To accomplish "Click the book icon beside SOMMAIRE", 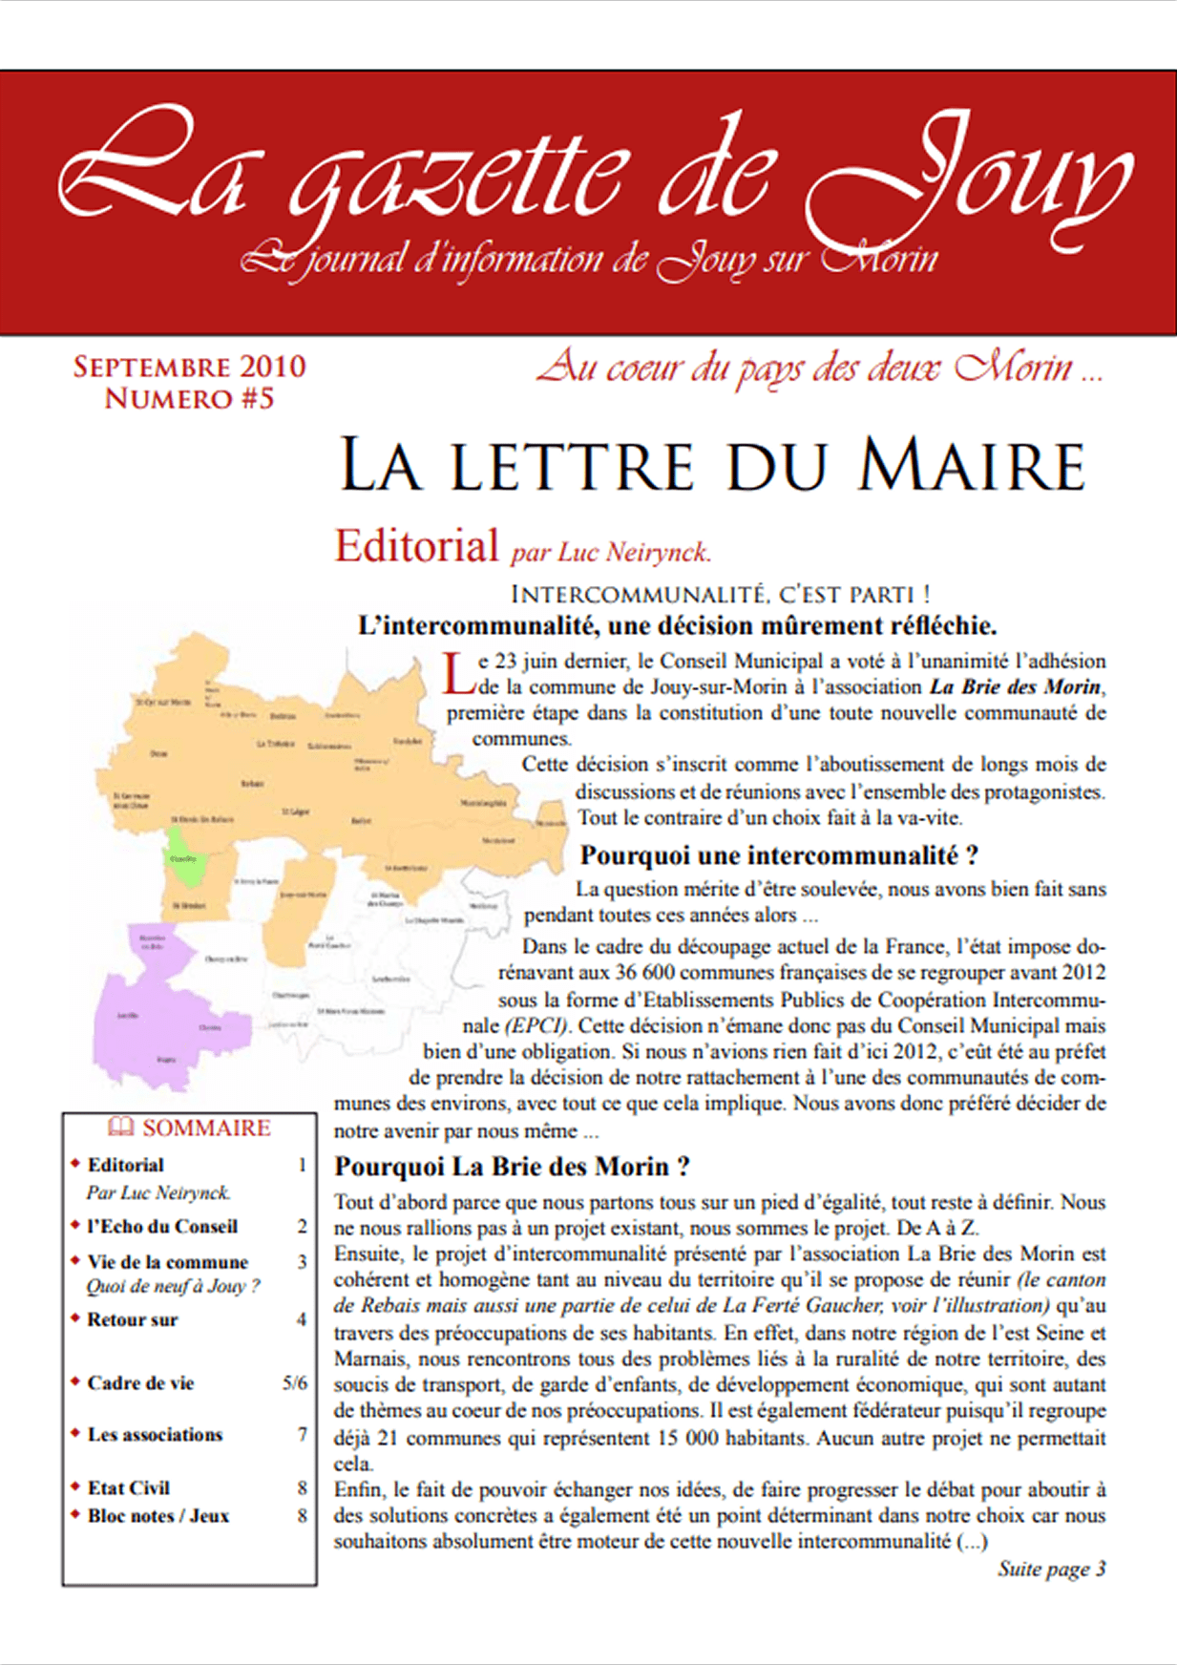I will click(120, 1128).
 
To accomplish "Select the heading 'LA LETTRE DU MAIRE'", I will click(712, 467).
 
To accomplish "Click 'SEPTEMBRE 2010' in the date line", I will click(189, 367).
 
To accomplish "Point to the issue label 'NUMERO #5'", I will click(189, 399).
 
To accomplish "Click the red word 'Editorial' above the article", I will click(416, 547).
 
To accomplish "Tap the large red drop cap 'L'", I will click(459, 672).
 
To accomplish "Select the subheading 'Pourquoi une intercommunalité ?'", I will click(779, 855).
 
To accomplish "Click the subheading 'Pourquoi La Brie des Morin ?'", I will click(512, 1167).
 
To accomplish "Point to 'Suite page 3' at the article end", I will click(1051, 1569).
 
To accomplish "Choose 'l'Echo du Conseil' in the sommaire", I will click(162, 1227).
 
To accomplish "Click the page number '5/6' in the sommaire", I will click(295, 1383).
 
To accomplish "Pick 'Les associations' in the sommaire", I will click(155, 1435).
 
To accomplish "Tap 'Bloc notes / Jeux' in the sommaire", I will click(158, 1516).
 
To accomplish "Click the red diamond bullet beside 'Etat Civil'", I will click(75, 1486).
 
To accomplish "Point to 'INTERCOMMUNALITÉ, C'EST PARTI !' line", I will click(720, 595).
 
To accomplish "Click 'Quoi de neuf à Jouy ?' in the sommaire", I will click(173, 1286).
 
